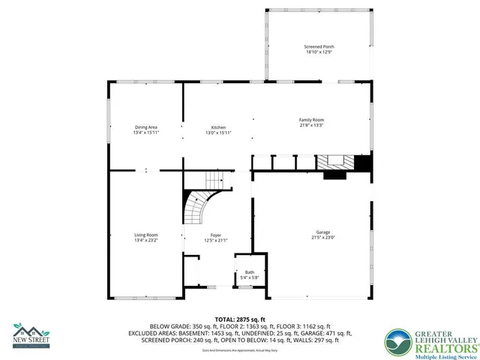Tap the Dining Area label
tap(146, 127)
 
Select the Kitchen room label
tap(218, 127)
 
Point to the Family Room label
tap(312, 120)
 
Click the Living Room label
tap(146, 235)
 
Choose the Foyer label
tap(216, 235)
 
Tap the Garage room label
tap(323, 232)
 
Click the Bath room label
tap(250, 272)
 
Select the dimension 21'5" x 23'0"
tap(323, 238)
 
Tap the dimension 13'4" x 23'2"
tap(146, 241)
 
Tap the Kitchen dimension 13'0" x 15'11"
tap(218, 133)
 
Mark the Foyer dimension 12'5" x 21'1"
tap(216, 241)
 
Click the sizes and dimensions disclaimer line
tap(240, 351)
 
